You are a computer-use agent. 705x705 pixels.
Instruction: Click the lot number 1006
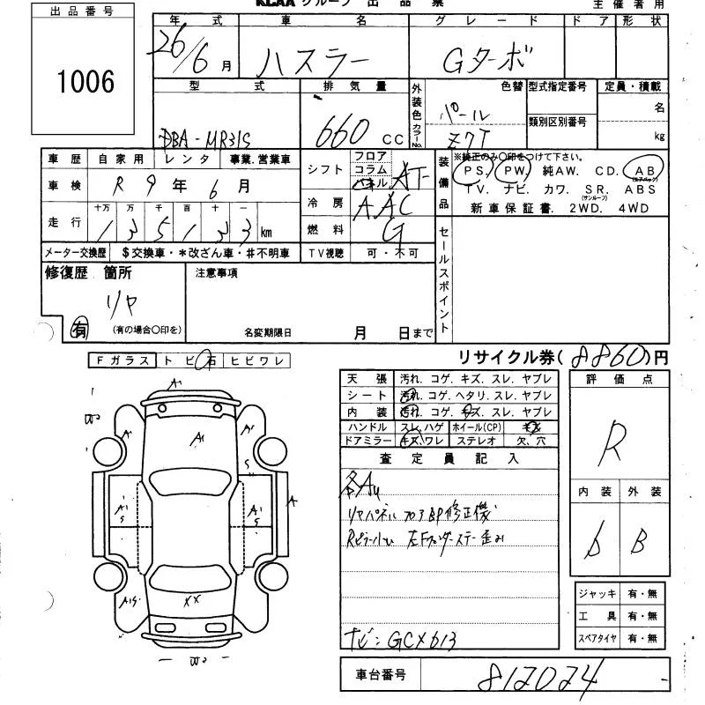pyautogui.click(x=86, y=82)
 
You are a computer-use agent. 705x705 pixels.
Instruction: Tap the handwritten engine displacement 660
pyautogui.click(x=345, y=132)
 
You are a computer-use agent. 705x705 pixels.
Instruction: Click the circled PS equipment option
pyautogui.click(x=476, y=171)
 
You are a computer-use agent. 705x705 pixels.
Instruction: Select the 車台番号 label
pyautogui.click(x=382, y=675)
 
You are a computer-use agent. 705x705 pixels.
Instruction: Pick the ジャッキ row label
pyautogui.click(x=597, y=595)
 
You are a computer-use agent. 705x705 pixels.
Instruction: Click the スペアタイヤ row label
pyautogui.click(x=597, y=637)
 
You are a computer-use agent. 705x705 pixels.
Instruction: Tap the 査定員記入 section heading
pyautogui.click(x=449, y=458)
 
